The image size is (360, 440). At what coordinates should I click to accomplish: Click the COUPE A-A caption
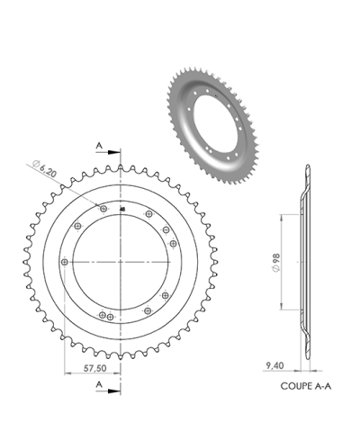(x=303, y=382)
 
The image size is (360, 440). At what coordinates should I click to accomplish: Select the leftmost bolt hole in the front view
(x=64, y=261)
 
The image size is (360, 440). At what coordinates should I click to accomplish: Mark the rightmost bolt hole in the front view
(x=173, y=244)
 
